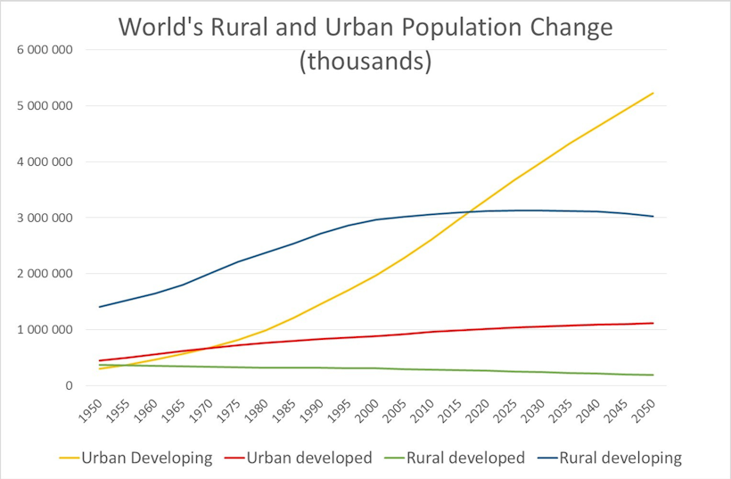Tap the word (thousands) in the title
pyautogui.click(x=365, y=62)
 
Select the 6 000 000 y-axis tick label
pyautogui.click(x=44, y=49)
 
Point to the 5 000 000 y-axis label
pyautogui.click(x=44, y=105)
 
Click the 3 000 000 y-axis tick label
pyautogui.click(x=44, y=218)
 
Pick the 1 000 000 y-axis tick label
pyautogui.click(x=44, y=330)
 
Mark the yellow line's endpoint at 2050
pyautogui.click(x=653, y=93)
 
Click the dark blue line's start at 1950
pyautogui.click(x=100, y=307)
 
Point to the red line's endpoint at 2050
pyautogui.click(x=653, y=323)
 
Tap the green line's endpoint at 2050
pyautogui.click(x=653, y=375)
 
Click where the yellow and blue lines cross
pyautogui.click(x=467, y=211)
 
